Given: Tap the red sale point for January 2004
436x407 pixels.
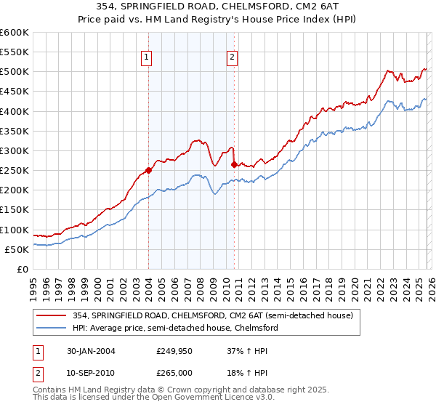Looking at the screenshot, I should coord(148,171).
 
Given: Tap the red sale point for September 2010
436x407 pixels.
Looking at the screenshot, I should coord(233,164).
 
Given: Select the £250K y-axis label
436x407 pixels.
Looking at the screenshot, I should coord(15,171).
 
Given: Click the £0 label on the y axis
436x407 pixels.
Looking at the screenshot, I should coord(22,270).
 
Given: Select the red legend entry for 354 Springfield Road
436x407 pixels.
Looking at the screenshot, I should coord(210,315).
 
